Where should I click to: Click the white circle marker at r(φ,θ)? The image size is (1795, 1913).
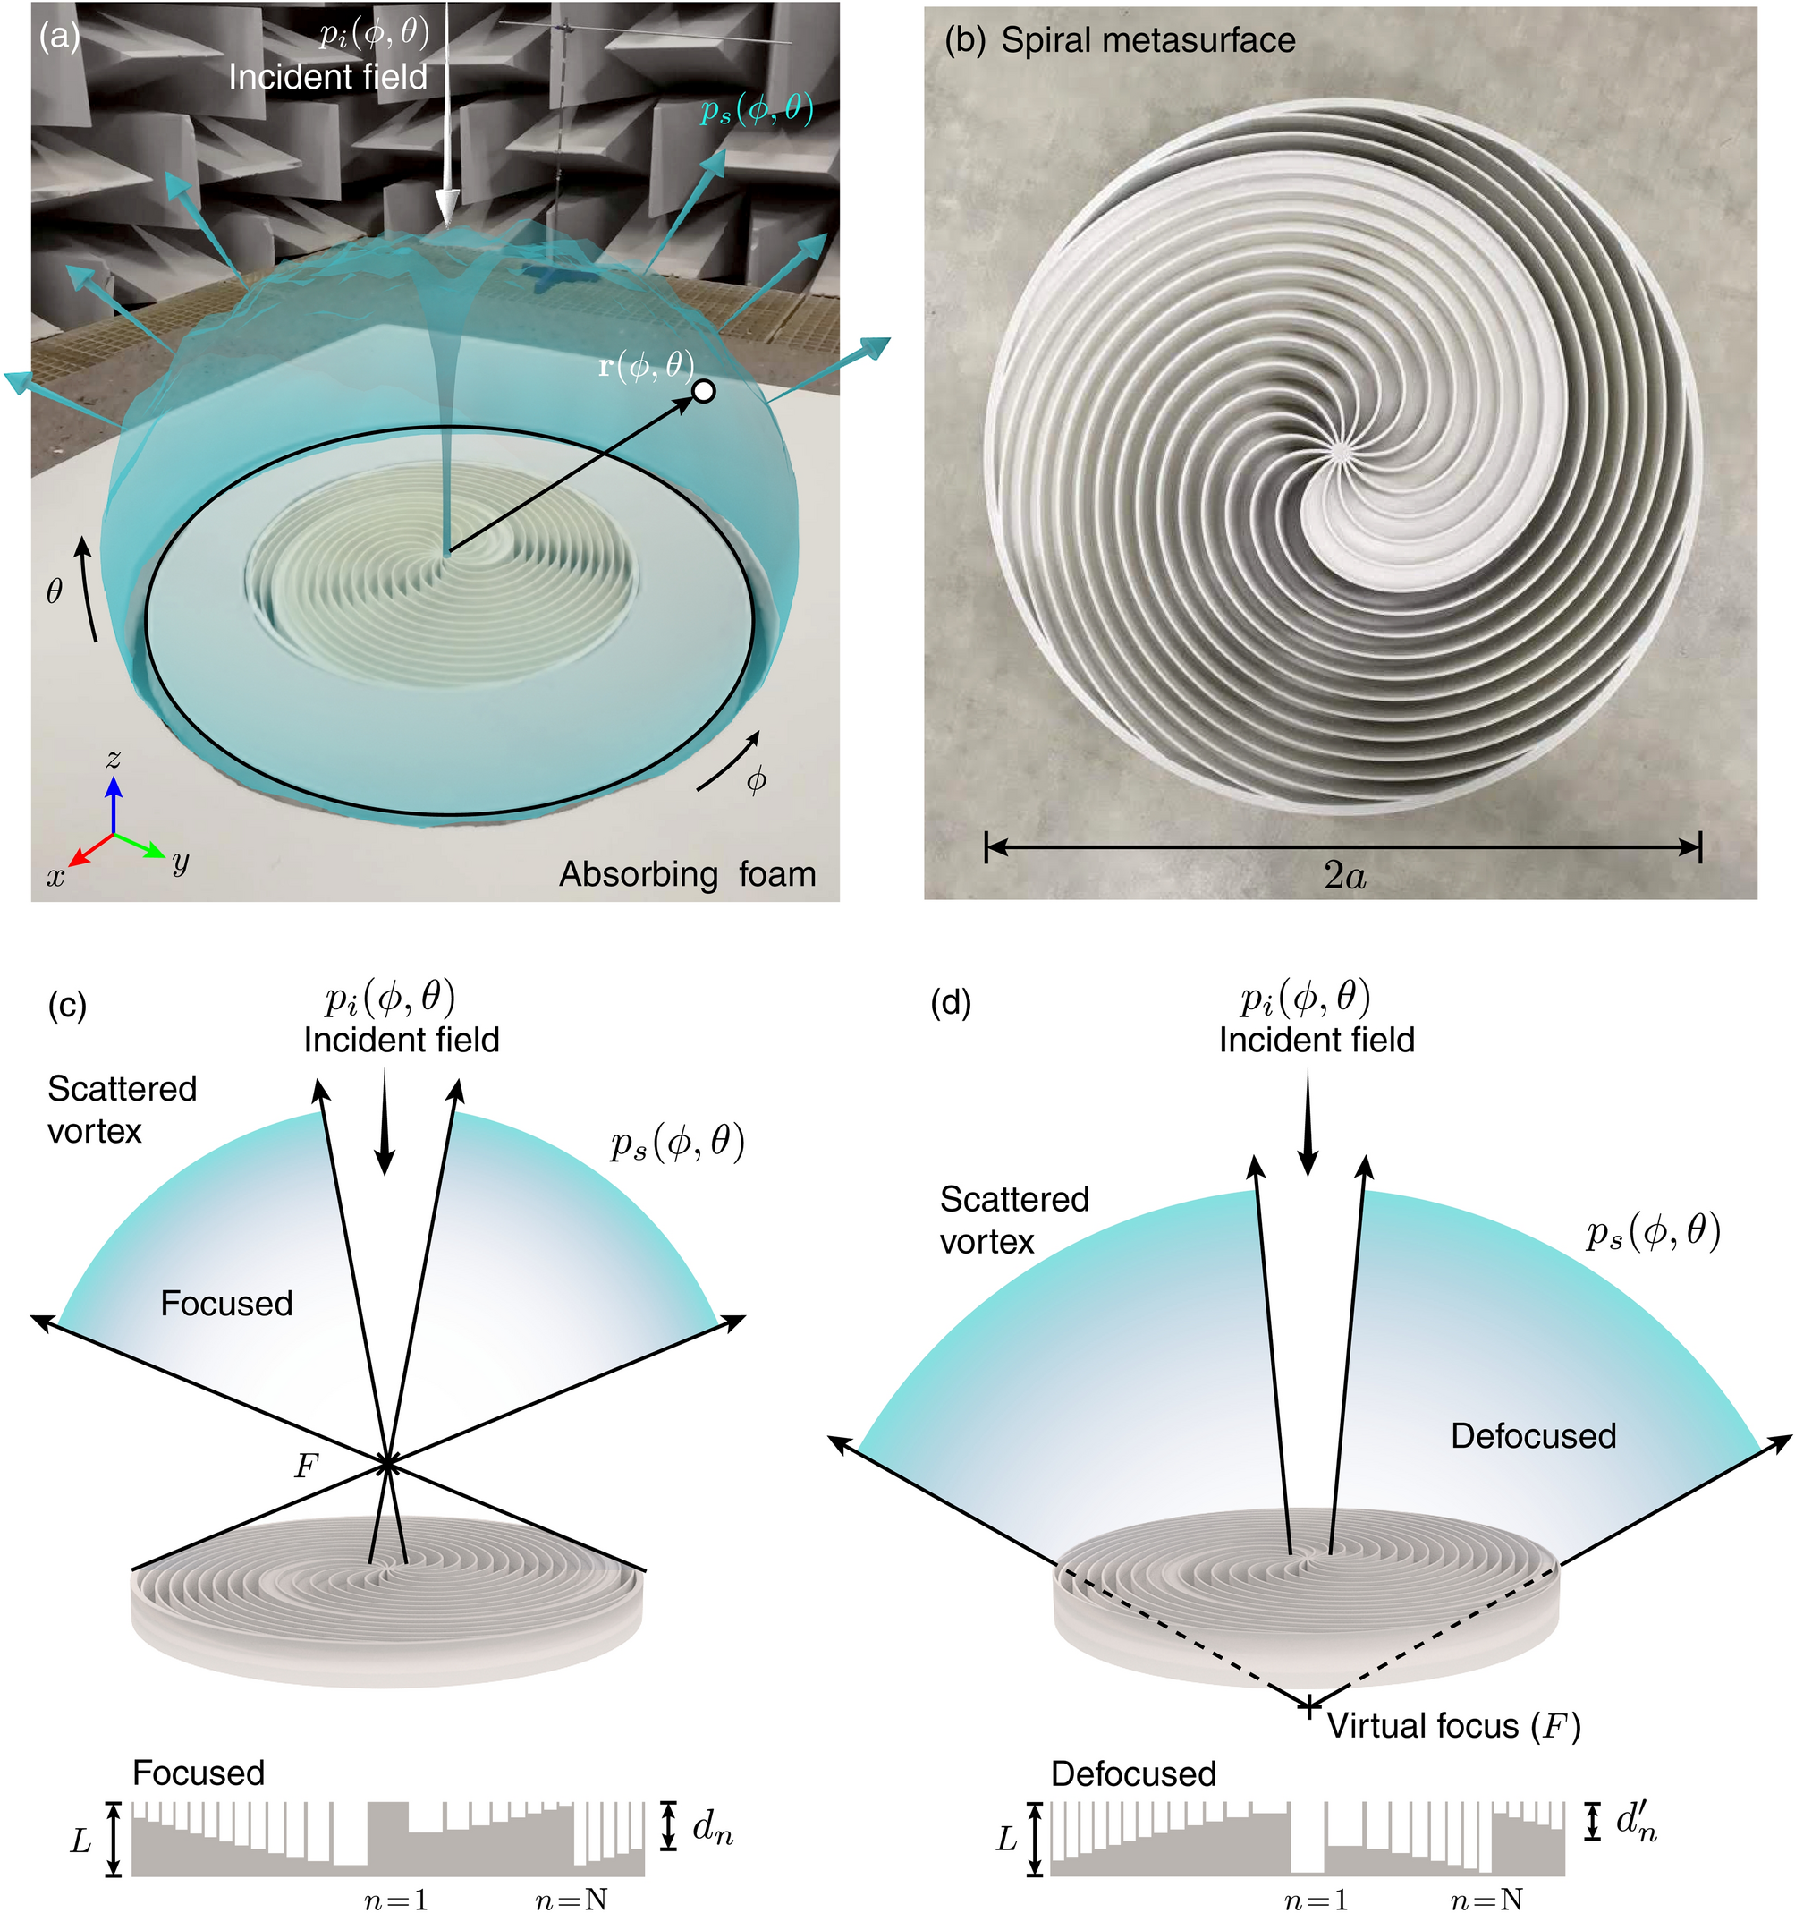pyautogui.click(x=704, y=392)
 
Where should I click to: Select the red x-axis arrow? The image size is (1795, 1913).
pyautogui.click(x=89, y=850)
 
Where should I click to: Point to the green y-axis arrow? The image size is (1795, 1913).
pyautogui.click(x=142, y=846)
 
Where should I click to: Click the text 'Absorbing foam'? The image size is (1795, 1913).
pyautogui.click(x=687, y=874)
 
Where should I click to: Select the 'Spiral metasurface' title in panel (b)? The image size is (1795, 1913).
pyautogui.click(x=1147, y=40)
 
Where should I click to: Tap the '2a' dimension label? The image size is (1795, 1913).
pyautogui.click(x=1344, y=876)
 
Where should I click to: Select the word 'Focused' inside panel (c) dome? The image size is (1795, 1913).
pyautogui.click(x=226, y=1304)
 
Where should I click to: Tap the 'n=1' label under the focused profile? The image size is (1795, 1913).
pyautogui.click(x=395, y=1899)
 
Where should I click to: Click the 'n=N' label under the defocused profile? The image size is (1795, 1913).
pyautogui.click(x=1486, y=1899)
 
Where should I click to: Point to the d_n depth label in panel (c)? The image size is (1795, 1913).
pyautogui.click(x=712, y=1827)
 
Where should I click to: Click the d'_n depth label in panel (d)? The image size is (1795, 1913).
pyautogui.click(x=1635, y=1821)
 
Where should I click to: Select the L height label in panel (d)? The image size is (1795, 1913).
pyautogui.click(x=1006, y=1840)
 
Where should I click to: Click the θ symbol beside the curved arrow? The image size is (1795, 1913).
pyautogui.click(x=55, y=591)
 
